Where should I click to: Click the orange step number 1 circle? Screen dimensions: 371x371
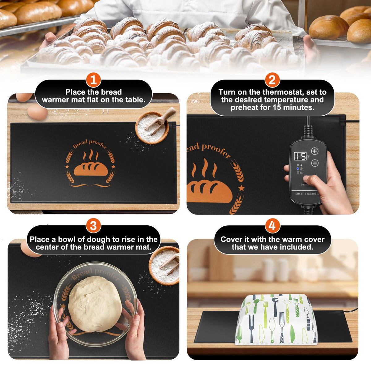[x=93, y=80]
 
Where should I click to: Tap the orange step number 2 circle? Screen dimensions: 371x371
[x=272, y=80]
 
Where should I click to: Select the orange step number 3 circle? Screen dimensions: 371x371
[x=93, y=225]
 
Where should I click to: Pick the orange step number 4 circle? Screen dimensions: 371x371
[x=272, y=225]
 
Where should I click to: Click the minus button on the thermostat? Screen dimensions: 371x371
[x=315, y=163]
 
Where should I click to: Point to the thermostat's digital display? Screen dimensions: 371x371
[x=300, y=156]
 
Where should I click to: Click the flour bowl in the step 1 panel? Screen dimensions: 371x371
[x=152, y=127]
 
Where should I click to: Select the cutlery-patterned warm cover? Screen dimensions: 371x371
[x=276, y=319]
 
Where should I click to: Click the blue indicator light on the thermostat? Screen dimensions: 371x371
[x=298, y=169]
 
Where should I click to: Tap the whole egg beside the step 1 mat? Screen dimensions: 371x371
[x=37, y=112]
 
